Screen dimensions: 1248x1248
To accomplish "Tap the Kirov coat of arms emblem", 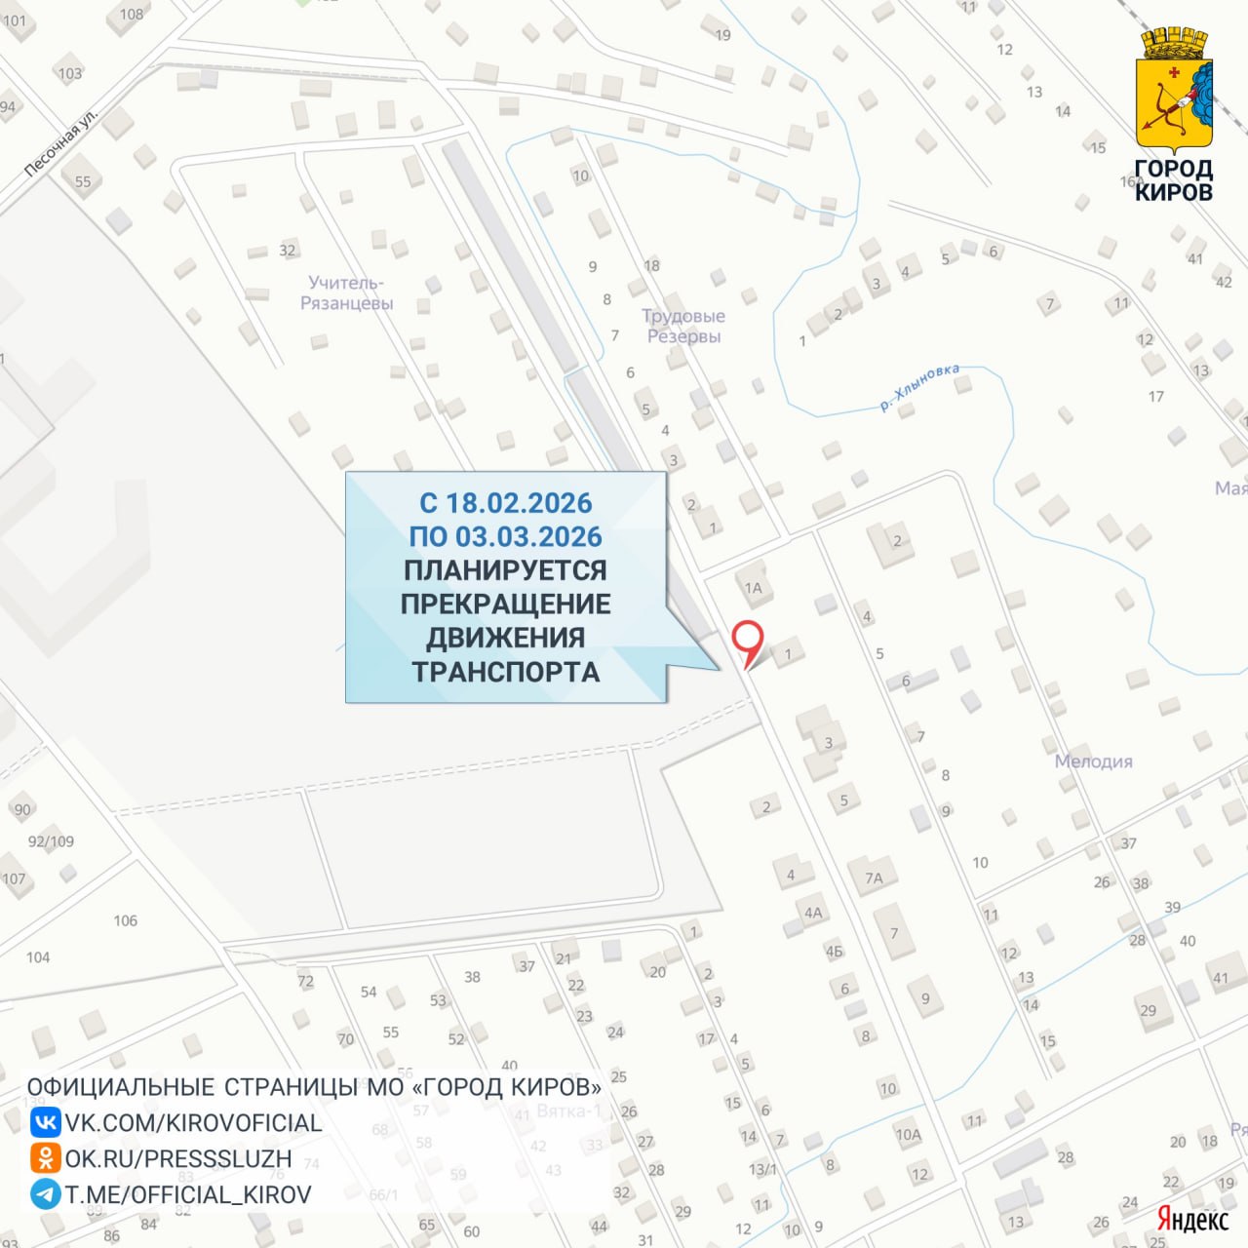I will (x=1174, y=92).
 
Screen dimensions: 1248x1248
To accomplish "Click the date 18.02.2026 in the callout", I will (x=519, y=503).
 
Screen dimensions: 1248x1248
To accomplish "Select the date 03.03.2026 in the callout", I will (x=528, y=537).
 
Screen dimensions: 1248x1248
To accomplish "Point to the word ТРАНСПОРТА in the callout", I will (x=505, y=672).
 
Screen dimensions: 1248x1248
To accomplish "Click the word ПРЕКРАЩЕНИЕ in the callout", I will (x=505, y=604).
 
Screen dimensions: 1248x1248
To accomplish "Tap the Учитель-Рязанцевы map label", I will (x=346, y=292).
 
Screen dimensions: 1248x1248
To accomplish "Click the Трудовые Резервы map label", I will (x=683, y=326).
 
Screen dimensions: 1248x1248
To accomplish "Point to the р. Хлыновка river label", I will (x=919, y=387).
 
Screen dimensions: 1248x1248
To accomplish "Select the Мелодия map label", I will (x=1093, y=761).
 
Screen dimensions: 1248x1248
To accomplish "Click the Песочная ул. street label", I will (x=60, y=143).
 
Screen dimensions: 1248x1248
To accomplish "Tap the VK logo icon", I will (x=45, y=1122).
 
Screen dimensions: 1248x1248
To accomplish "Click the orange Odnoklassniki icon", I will (x=45, y=1158).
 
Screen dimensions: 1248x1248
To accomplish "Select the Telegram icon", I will (x=45, y=1194).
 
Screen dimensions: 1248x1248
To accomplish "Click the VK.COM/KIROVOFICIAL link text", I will (x=193, y=1123).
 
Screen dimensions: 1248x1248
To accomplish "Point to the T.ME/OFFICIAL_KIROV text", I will (x=188, y=1195).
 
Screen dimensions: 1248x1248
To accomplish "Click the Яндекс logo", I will (x=1192, y=1219).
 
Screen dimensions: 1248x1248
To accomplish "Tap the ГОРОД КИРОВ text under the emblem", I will (x=1174, y=180).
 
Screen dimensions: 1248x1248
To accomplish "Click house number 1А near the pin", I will (x=753, y=588).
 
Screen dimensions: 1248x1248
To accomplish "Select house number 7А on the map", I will (x=874, y=878).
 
